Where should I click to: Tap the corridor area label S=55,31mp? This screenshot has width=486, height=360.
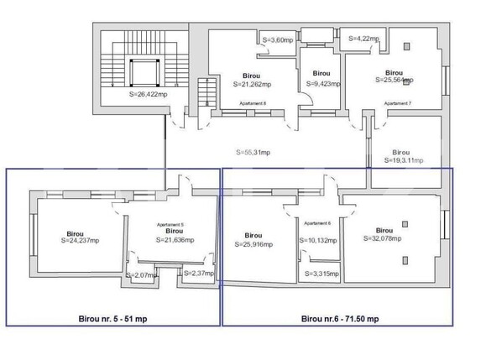259,152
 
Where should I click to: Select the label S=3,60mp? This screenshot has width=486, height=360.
278,39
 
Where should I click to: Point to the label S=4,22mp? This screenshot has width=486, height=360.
363,38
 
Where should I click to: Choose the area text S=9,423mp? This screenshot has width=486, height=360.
321,84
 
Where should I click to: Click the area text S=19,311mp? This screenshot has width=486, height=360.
404,159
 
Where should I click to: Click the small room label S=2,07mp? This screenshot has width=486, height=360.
141,275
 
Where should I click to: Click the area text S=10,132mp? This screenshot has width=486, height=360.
318,241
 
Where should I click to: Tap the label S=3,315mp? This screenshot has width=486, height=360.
321,274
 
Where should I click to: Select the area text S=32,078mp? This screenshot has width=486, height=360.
384,237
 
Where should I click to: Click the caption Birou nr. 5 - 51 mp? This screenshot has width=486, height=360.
113,319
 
